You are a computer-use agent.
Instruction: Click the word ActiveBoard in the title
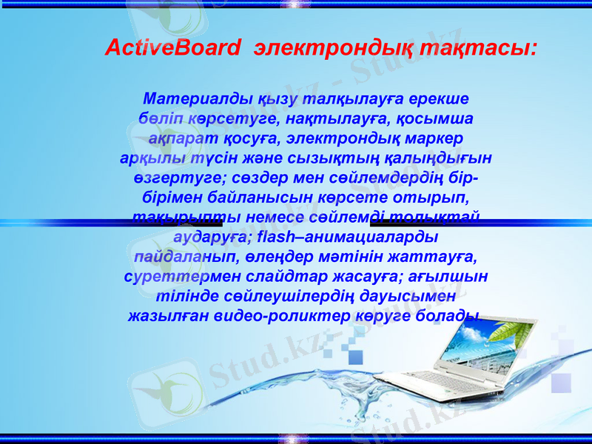coord(172,48)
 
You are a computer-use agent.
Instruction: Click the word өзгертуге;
coord(176,178)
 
